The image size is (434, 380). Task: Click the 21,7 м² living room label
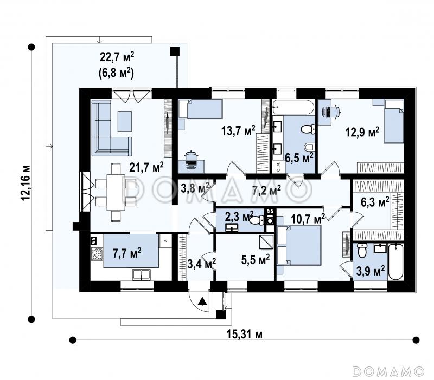[146, 167]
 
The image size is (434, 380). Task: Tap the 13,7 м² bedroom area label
[238, 130]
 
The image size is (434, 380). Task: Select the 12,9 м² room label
[362, 132]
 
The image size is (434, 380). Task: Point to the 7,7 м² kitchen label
[127, 253]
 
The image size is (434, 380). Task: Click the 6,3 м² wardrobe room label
[375, 202]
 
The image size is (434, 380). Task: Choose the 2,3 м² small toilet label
[239, 216]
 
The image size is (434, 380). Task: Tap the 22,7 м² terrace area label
[117, 57]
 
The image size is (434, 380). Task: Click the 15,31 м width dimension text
[245, 335]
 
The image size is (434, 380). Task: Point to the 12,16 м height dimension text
[26, 183]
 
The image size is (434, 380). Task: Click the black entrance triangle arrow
[202, 301]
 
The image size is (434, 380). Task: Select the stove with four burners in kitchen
[97, 254]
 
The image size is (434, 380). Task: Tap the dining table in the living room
[116, 192]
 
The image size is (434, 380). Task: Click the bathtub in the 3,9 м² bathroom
[395, 262]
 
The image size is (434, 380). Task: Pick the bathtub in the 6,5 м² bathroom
[293, 107]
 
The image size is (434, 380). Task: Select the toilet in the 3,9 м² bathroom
[362, 250]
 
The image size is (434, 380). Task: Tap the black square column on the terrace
[175, 51]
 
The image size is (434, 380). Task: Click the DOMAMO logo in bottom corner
[388, 371]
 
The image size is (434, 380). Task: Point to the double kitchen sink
[142, 275]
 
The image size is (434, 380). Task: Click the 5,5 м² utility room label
[256, 260]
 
